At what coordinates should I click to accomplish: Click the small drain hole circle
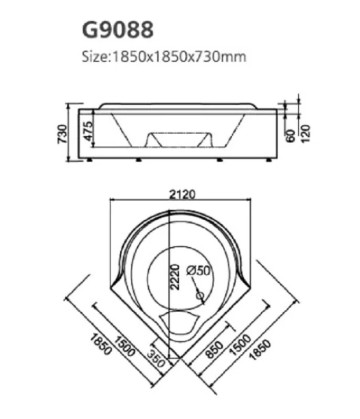point(201,297)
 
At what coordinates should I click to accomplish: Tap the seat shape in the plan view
point(178,323)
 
